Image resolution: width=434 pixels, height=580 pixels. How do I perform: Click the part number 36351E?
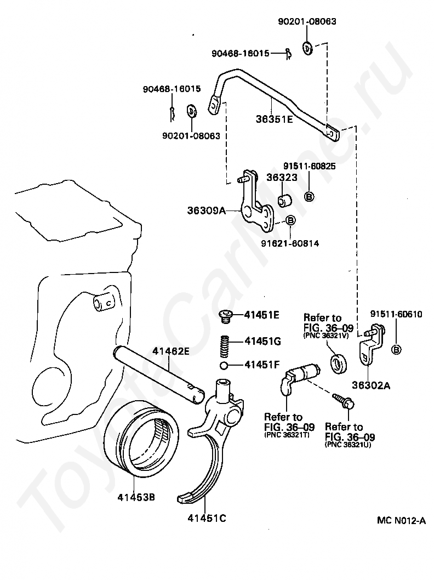(275, 119)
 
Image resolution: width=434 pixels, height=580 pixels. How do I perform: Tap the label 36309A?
(206, 211)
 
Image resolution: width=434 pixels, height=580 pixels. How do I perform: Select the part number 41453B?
(136, 497)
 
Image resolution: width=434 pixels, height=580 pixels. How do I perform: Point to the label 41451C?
(207, 518)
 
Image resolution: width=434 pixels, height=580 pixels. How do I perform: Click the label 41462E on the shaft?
(171, 351)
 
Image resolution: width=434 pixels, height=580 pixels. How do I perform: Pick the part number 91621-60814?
(290, 243)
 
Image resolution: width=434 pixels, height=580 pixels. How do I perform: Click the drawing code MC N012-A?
(401, 520)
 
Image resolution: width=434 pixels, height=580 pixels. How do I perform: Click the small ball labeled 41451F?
(223, 366)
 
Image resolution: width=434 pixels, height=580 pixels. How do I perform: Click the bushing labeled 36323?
(284, 200)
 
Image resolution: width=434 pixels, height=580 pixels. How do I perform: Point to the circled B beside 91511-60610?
(396, 350)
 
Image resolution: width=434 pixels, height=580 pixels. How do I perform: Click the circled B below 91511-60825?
(309, 196)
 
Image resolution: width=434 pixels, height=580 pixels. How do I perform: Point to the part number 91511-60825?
(310, 166)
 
